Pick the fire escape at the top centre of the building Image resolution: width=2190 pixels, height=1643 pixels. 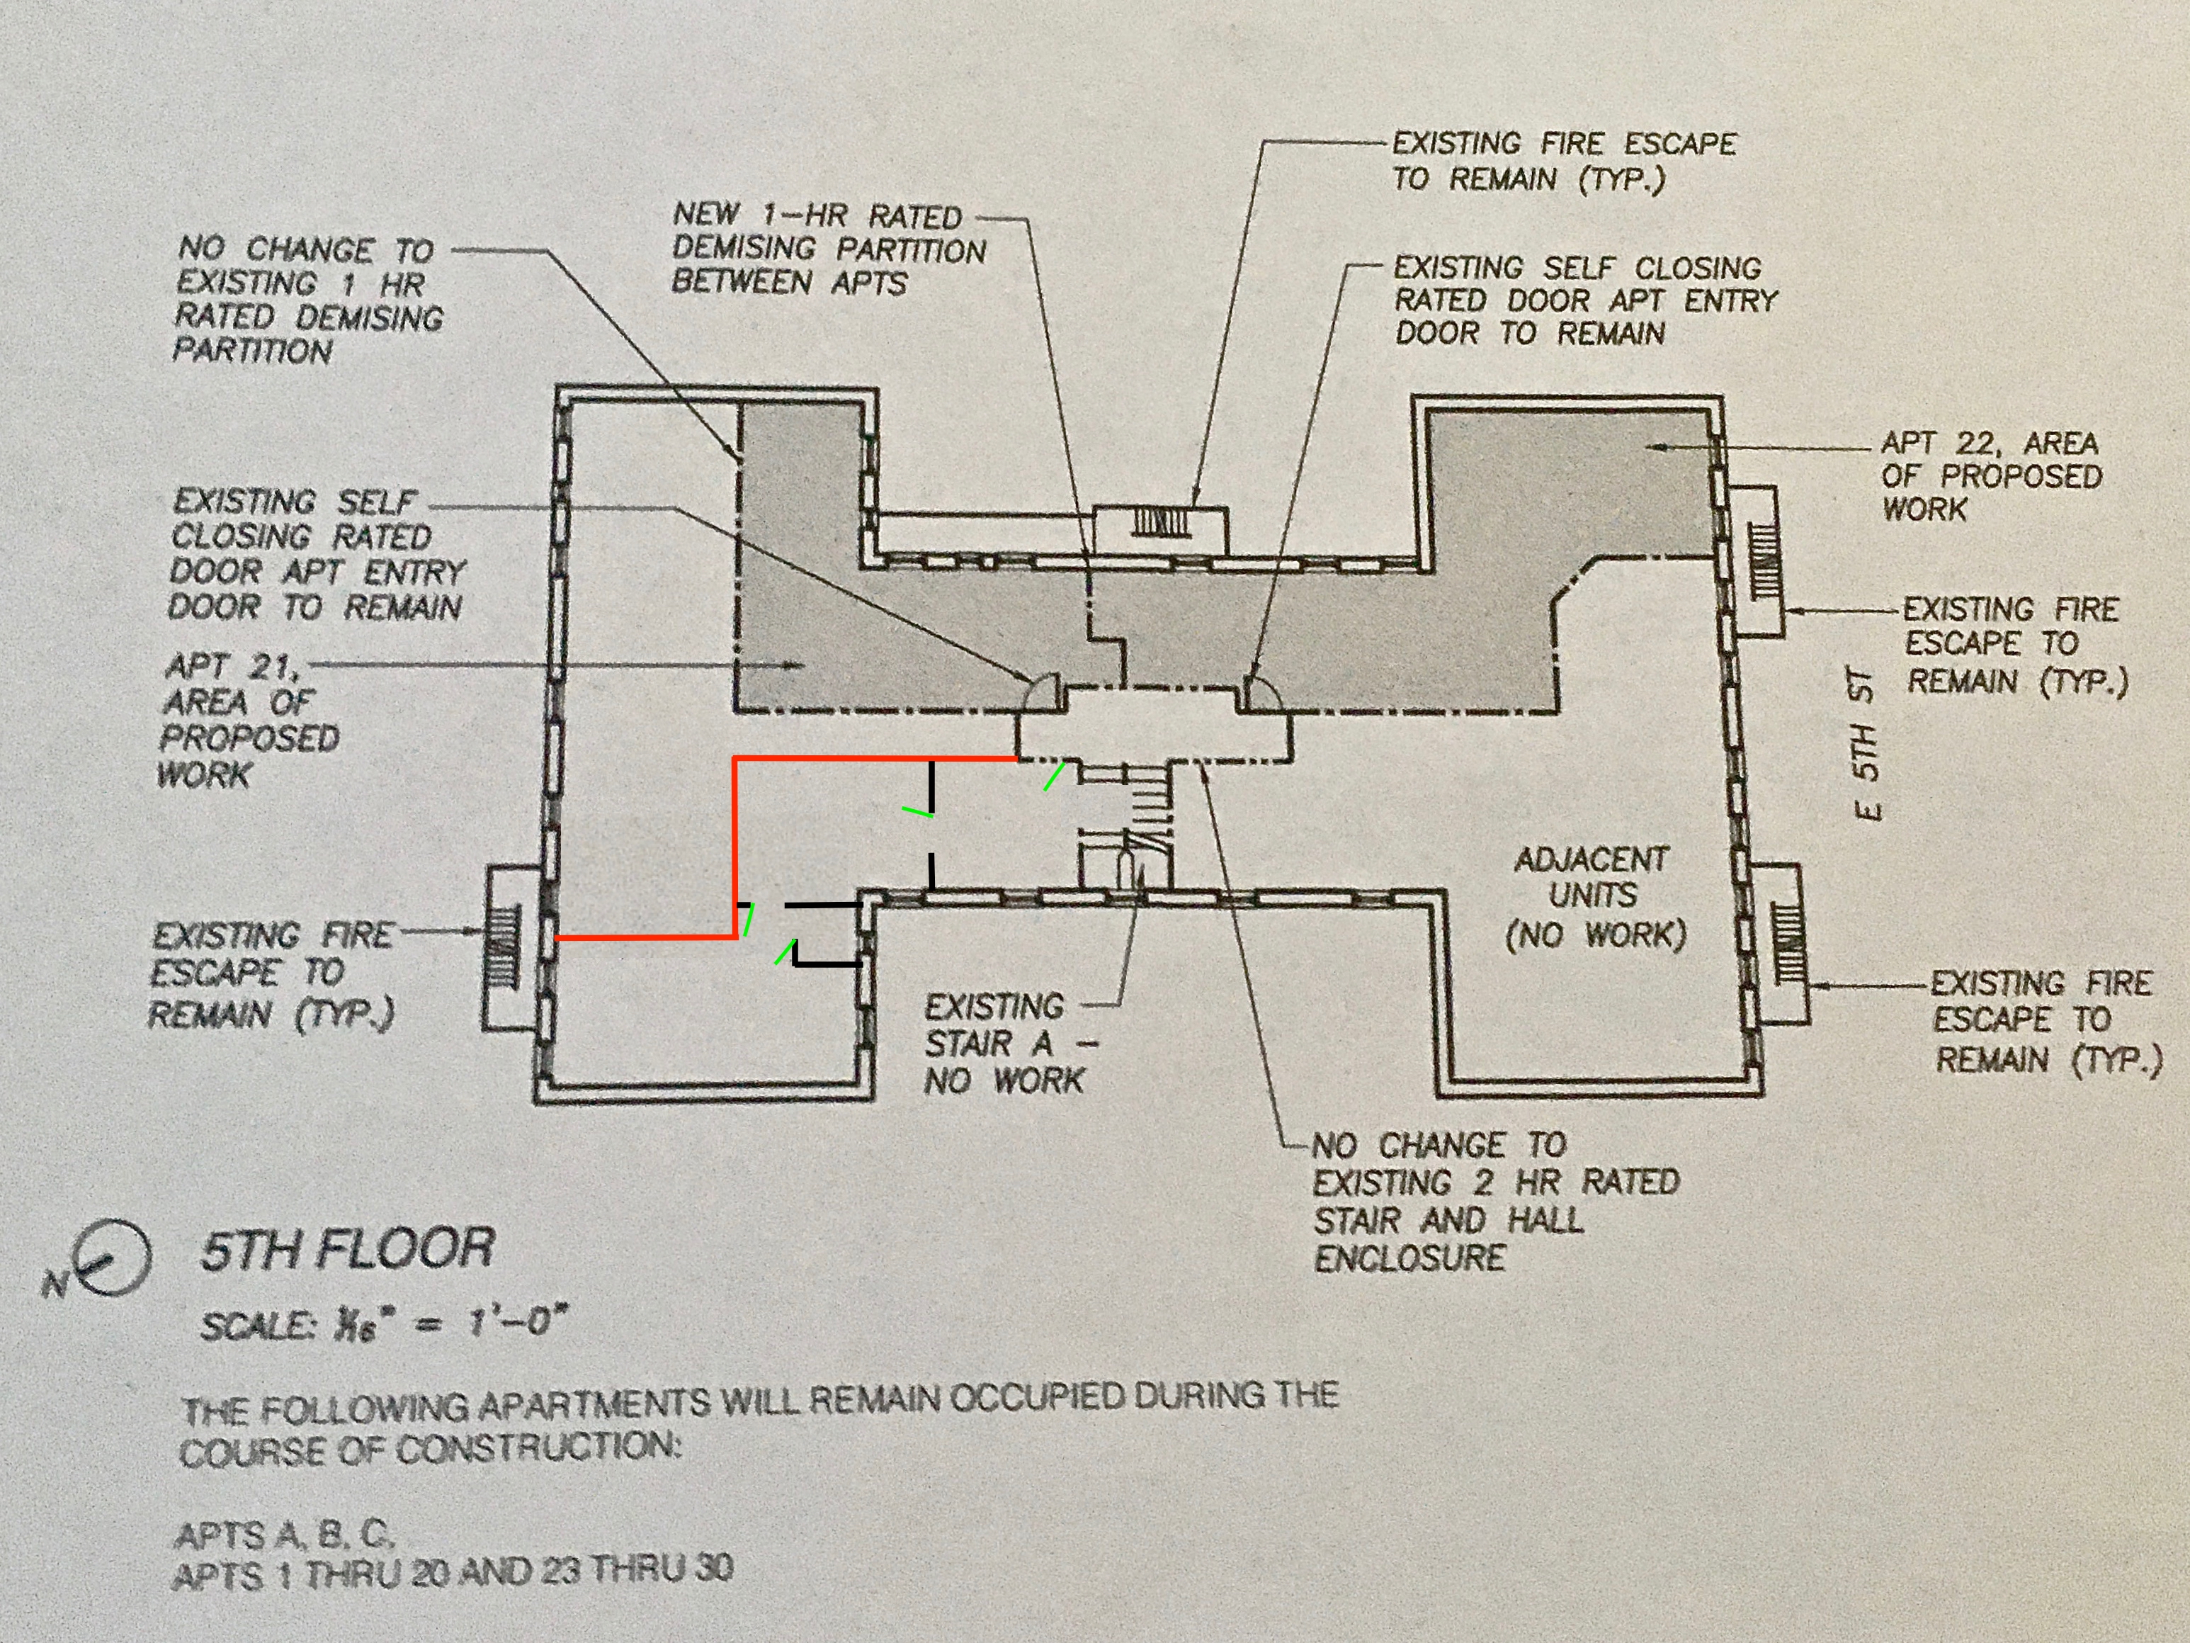click(x=1160, y=530)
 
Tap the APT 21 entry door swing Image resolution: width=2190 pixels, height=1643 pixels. click(x=1043, y=690)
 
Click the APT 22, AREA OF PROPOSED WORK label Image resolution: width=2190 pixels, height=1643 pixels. click(x=1990, y=476)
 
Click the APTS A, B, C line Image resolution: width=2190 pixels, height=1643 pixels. click(x=285, y=1534)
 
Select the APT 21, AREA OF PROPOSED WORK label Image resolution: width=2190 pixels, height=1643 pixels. click(x=247, y=720)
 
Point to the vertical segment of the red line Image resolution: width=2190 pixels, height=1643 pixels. click(x=734, y=847)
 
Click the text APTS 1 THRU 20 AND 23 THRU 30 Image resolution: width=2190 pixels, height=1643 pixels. click(x=453, y=1571)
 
